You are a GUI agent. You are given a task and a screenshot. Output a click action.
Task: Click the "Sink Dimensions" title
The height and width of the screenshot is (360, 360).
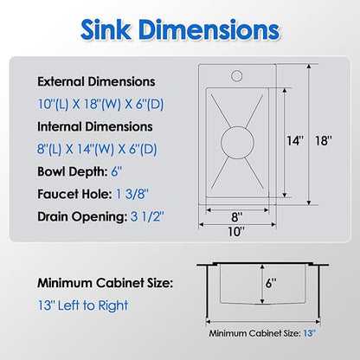(180, 29)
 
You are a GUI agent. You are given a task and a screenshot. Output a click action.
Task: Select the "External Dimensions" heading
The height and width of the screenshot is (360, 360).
(96, 81)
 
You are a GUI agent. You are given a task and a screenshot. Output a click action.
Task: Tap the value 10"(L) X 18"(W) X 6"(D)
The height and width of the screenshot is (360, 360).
(100, 104)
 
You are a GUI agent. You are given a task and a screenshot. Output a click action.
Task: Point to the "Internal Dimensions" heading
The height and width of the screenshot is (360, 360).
(95, 126)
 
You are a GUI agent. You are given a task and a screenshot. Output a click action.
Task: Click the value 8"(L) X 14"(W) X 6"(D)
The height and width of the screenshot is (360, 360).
(97, 149)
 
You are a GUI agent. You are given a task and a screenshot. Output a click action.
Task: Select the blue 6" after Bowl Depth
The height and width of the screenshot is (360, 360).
(117, 171)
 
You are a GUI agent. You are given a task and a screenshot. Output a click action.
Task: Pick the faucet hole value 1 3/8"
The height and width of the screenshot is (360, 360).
(132, 194)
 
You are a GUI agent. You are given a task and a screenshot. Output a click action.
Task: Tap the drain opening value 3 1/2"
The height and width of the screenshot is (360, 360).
(147, 216)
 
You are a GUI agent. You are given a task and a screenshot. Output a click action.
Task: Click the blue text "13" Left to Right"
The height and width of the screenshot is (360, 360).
(83, 305)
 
